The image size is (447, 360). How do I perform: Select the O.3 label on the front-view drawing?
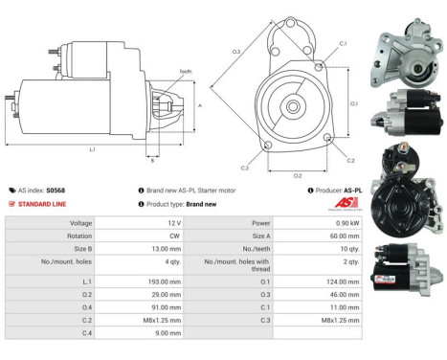point(235,50)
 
